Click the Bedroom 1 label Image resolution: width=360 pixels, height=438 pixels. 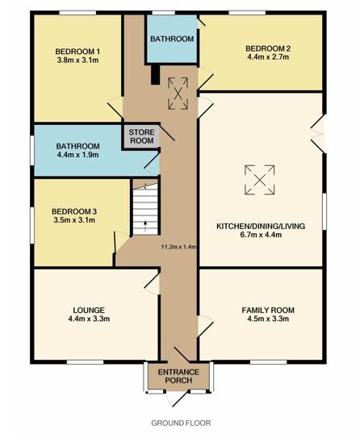pyautogui.click(x=77, y=52)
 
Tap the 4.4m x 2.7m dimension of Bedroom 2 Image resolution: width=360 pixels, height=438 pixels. pyautogui.click(x=268, y=57)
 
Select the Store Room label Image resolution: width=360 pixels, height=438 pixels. pyautogui.click(x=142, y=136)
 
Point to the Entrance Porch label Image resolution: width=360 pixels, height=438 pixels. pyautogui.click(x=178, y=376)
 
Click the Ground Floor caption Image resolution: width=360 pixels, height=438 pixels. pyautogui.click(x=181, y=423)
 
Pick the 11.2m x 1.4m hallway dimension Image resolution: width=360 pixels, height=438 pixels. pyautogui.click(x=179, y=247)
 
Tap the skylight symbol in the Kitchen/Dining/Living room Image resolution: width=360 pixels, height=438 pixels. pyautogui.click(x=260, y=180)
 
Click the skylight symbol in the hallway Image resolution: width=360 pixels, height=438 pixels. pyautogui.click(x=178, y=94)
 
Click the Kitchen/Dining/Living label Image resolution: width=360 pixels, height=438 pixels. pyautogui.click(x=261, y=226)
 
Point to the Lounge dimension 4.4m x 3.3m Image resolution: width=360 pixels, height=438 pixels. pyautogui.click(x=89, y=319)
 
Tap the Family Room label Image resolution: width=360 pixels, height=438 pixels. pyautogui.click(x=268, y=310)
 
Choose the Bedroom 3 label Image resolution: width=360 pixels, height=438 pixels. pyautogui.click(x=74, y=211)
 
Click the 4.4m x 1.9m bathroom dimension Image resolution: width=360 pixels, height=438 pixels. pyautogui.click(x=78, y=155)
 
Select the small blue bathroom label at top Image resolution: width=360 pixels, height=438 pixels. pyautogui.click(x=172, y=39)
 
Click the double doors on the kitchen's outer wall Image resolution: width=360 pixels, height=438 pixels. pyautogui.click(x=318, y=134)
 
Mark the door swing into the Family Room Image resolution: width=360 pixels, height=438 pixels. pyautogui.click(x=206, y=326)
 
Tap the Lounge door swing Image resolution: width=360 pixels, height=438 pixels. pyautogui.click(x=152, y=283)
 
